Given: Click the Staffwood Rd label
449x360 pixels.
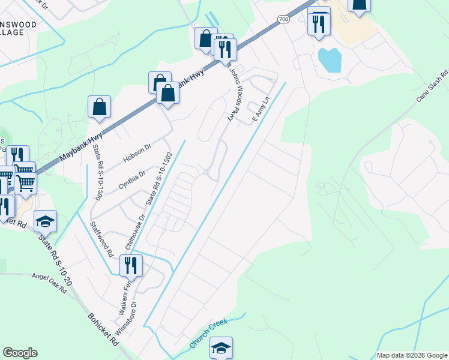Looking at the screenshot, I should click(x=101, y=239).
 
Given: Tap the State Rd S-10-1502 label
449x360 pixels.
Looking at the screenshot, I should click(x=160, y=177).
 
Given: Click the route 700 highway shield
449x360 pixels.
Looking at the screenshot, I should click(x=283, y=20).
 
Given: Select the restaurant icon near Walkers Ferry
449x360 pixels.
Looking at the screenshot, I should click(x=130, y=265).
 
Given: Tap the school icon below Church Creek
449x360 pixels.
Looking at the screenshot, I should click(x=221, y=348).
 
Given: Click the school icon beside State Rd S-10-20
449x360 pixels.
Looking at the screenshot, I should click(x=45, y=222).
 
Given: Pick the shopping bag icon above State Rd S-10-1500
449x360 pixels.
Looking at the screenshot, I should click(x=100, y=107).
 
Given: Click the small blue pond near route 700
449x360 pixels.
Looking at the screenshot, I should click(x=330, y=59).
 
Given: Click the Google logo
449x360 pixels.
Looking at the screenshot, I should click(x=20, y=353).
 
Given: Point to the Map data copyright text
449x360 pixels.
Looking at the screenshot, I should click(x=411, y=355).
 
